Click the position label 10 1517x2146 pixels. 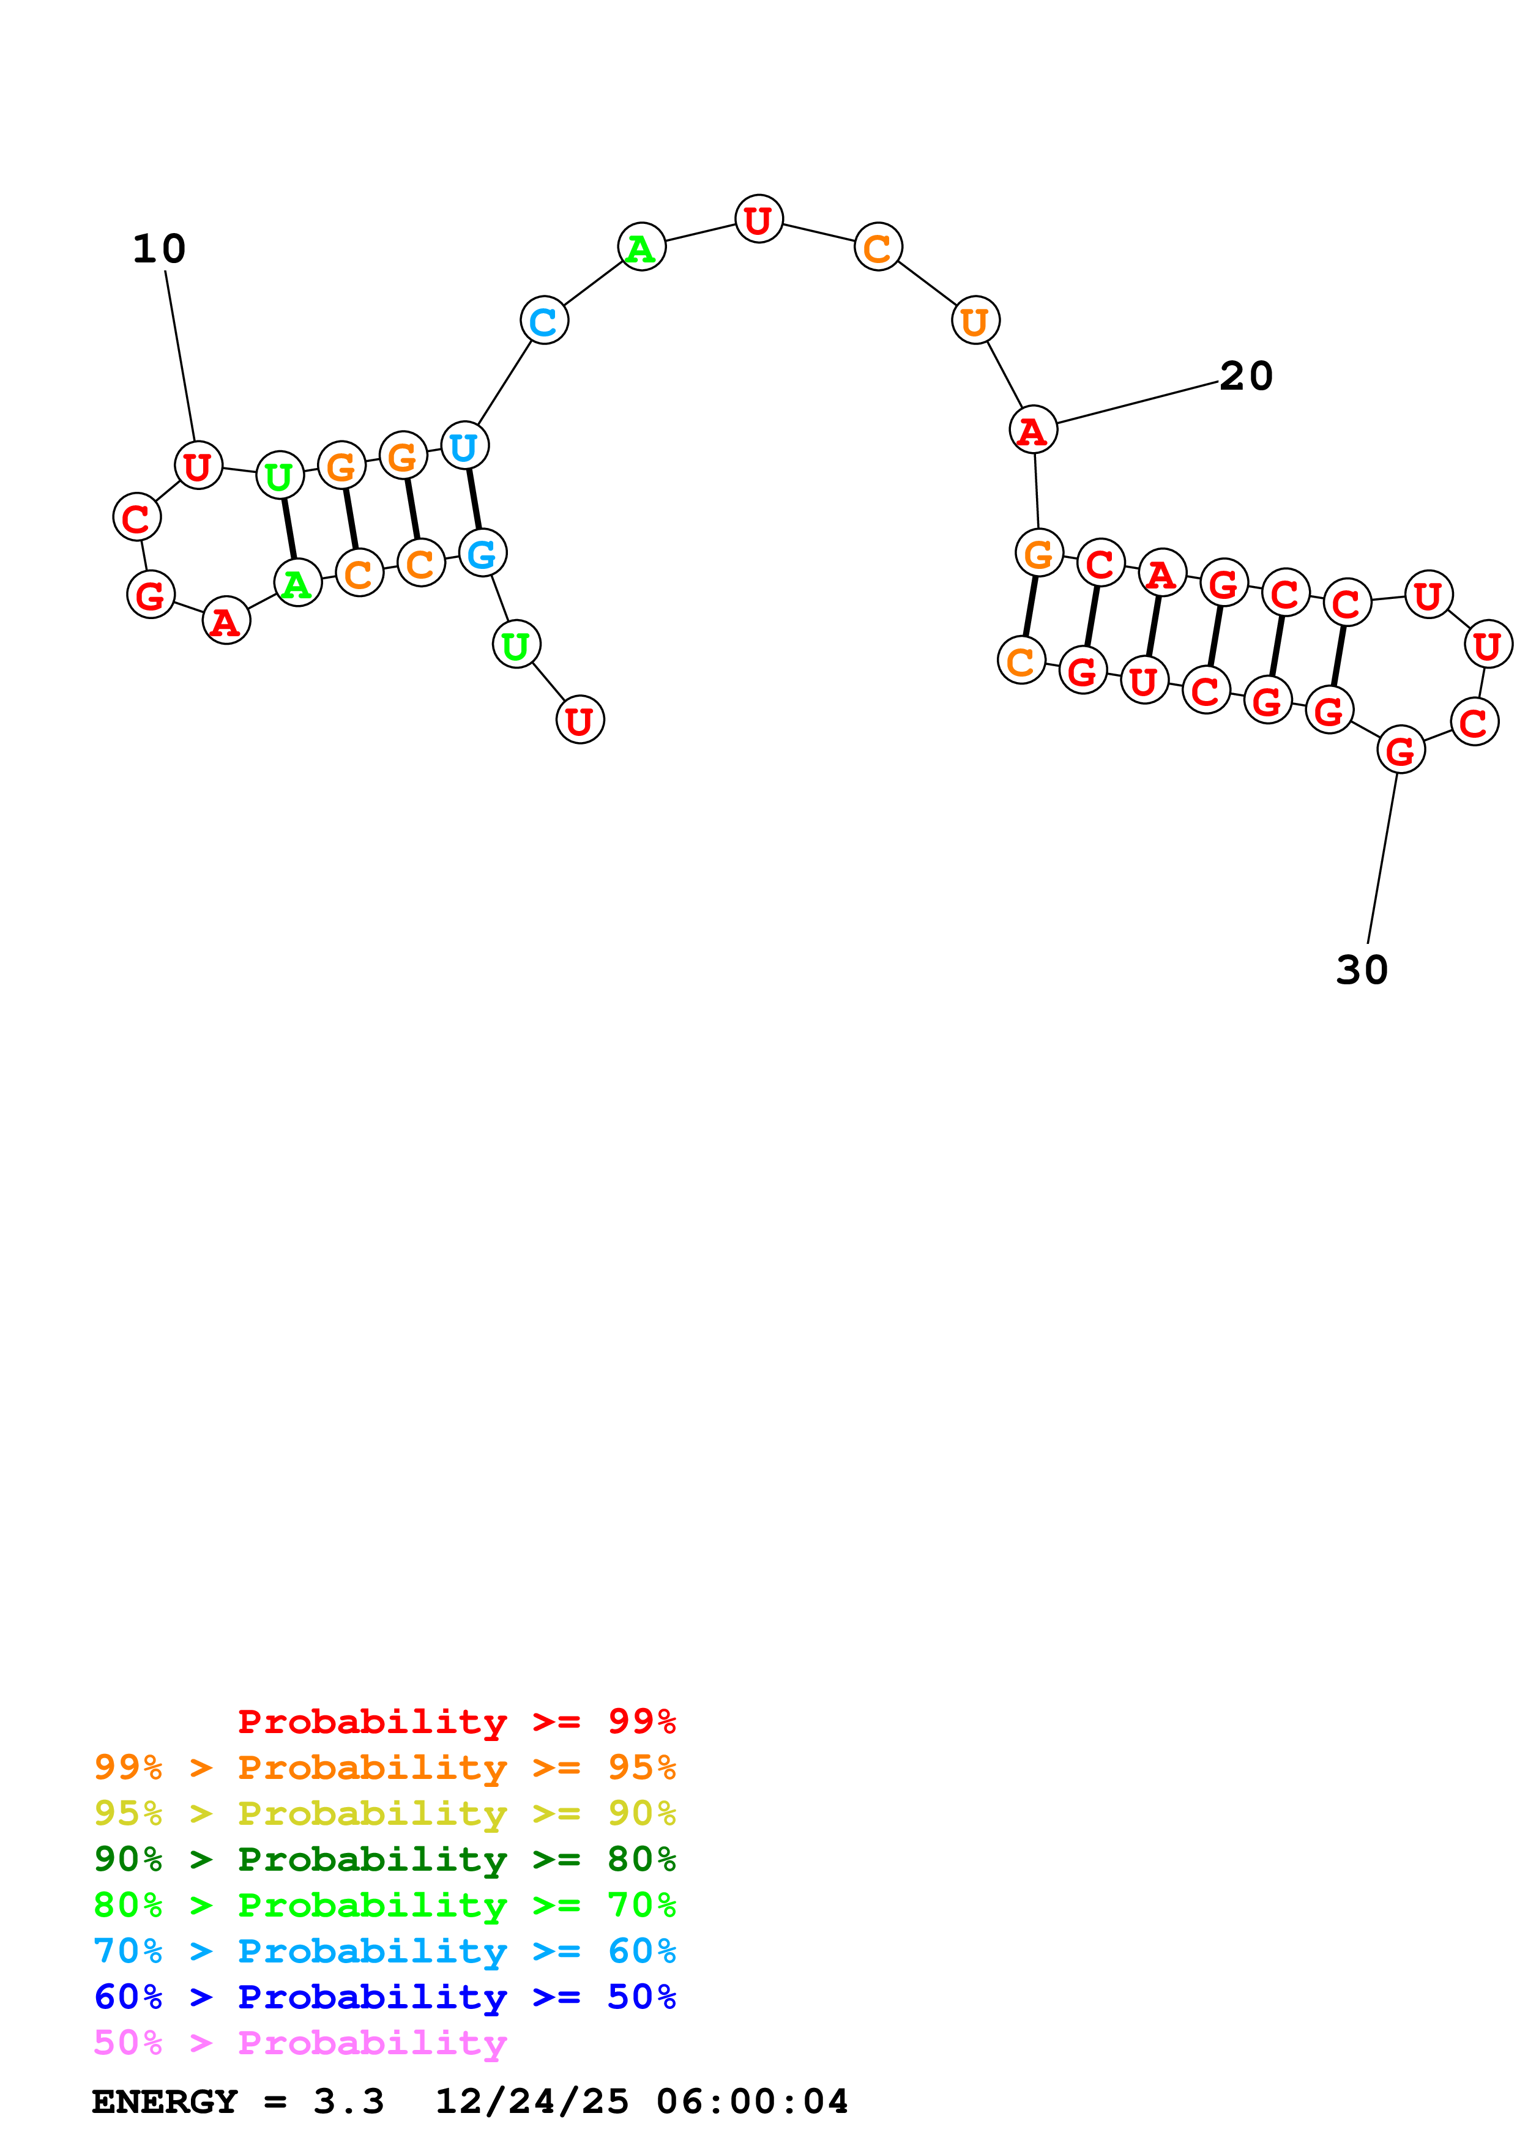pos(159,248)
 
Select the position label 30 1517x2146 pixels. pos(1362,970)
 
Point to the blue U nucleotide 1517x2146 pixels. pos(464,446)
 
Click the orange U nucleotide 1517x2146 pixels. pos(975,321)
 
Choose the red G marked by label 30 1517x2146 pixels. pos(1400,749)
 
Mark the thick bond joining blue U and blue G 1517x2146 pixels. pos(474,499)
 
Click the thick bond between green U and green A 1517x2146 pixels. pos(289,529)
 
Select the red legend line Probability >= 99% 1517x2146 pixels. pos(456,1721)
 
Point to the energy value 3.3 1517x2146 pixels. pos(348,2101)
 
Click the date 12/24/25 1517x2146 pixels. pos(531,2101)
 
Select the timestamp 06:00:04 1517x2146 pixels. pos(751,2101)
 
